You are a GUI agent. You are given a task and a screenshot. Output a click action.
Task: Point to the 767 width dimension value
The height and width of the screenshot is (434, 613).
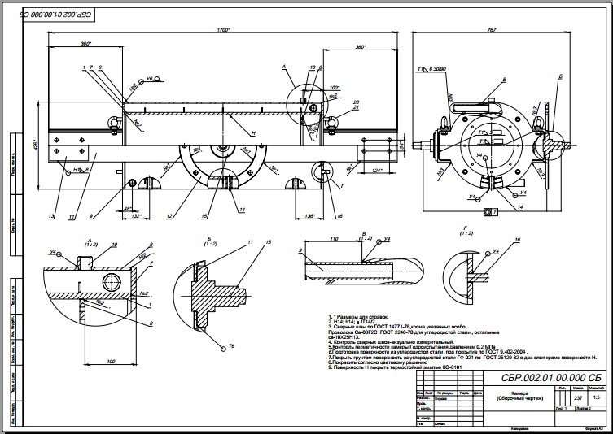point(491,29)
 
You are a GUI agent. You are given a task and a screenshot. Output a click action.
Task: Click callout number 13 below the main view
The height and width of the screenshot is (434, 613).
point(50,216)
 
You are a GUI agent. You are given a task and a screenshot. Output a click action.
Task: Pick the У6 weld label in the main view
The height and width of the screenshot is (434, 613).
point(150,80)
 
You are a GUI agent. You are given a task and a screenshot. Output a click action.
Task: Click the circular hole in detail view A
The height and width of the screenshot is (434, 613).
point(109,282)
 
